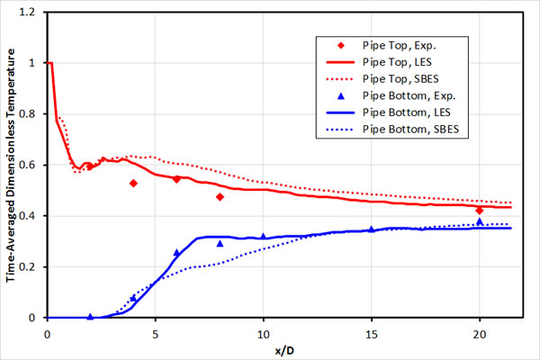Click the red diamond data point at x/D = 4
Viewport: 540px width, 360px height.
[x=133, y=183]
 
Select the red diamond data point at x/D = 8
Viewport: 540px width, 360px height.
[x=220, y=196]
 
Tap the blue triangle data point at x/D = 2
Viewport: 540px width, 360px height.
[x=90, y=316]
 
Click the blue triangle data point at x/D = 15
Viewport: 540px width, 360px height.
[x=371, y=229]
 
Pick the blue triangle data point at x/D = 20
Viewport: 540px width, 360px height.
[x=480, y=220]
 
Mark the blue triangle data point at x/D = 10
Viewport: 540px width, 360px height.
[x=263, y=237]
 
